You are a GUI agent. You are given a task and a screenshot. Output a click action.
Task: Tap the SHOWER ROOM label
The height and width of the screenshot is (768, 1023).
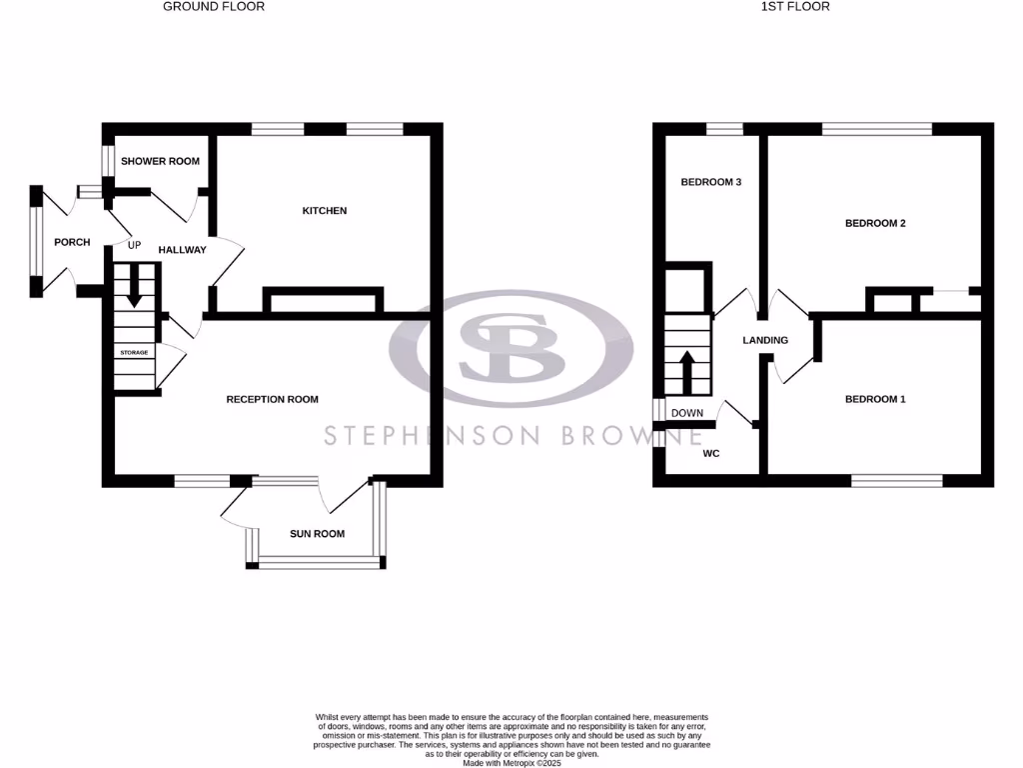click(x=160, y=161)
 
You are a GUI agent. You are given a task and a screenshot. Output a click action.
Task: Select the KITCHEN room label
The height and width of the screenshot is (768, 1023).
click(x=325, y=211)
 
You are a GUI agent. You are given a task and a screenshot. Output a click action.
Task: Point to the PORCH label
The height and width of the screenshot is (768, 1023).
click(x=72, y=242)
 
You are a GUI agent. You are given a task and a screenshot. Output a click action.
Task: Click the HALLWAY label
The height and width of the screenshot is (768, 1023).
click(x=182, y=250)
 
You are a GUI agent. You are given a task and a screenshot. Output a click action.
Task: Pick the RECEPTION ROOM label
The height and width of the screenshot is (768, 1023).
click(x=272, y=399)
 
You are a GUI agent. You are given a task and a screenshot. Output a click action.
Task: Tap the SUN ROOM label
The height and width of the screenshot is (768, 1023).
click(x=317, y=534)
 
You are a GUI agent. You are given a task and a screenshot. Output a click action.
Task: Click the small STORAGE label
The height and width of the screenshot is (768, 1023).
click(x=135, y=353)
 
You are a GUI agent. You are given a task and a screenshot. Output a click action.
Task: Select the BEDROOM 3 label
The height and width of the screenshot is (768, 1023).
click(x=710, y=182)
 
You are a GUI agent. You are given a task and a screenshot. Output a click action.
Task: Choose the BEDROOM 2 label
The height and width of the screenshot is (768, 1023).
click(x=875, y=223)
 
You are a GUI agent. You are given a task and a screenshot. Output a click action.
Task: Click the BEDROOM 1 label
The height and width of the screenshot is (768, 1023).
click(x=875, y=399)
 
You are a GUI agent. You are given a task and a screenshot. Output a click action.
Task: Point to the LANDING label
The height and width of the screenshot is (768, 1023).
click(x=765, y=340)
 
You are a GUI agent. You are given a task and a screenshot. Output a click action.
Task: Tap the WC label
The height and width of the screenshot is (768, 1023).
click(x=711, y=454)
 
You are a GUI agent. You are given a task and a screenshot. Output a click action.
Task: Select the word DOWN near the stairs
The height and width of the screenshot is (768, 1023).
click(x=686, y=413)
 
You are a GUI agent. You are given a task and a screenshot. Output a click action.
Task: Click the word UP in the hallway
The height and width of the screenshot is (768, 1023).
click(x=134, y=244)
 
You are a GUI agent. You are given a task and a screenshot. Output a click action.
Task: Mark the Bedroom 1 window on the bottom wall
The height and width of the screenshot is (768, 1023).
click(x=896, y=481)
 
